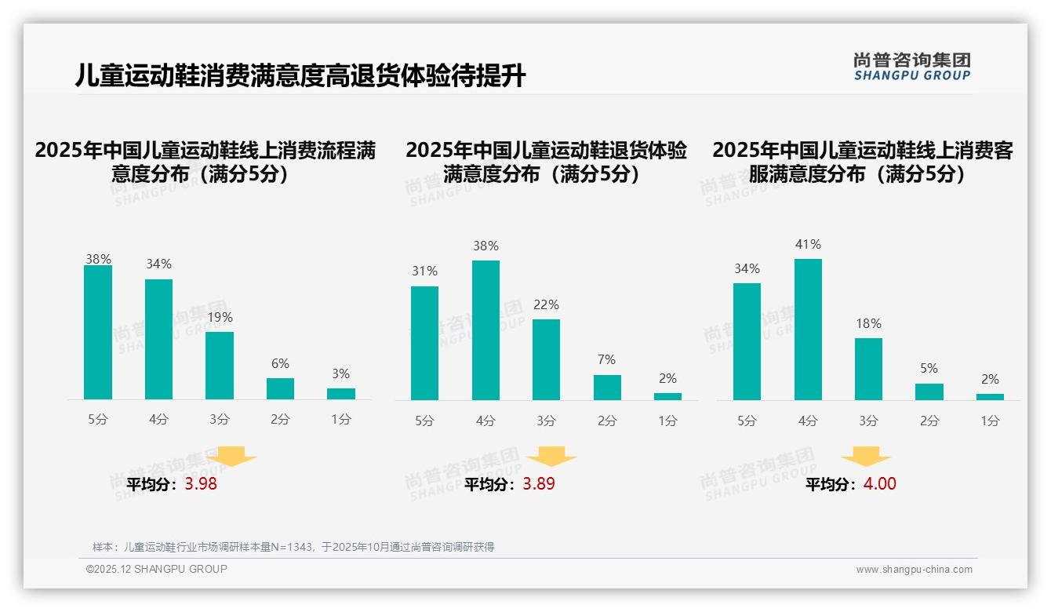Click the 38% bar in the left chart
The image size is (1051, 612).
click(98, 333)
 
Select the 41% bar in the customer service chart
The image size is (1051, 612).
click(808, 330)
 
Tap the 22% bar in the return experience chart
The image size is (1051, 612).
click(546, 359)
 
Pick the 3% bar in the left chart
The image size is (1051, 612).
click(341, 394)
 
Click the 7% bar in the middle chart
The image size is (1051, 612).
click(607, 388)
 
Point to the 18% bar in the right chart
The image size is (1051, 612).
click(868, 369)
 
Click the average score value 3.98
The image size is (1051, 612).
click(201, 484)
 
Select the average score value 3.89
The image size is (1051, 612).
click(539, 484)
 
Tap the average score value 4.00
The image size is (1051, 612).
click(879, 484)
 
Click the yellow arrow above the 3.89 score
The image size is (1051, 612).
click(551, 456)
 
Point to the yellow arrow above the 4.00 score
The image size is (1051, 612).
click(866, 456)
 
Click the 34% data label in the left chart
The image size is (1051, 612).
click(158, 264)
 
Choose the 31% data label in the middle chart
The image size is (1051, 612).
click(424, 271)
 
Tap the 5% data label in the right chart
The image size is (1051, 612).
click(929, 369)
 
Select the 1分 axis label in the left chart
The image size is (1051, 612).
click(341, 420)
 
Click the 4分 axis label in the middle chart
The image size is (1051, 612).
click(485, 421)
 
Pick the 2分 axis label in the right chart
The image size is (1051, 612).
click(929, 421)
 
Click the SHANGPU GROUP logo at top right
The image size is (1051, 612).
click(911, 67)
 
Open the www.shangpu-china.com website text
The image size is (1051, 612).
click(914, 570)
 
